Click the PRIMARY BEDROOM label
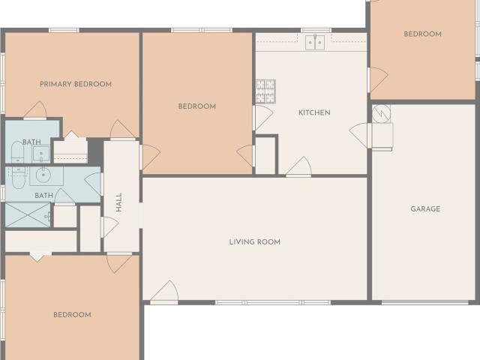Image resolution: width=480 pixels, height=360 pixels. coord(76,84)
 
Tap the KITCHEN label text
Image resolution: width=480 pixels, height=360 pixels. coord(314,112)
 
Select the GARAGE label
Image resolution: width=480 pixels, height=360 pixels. coord(425,209)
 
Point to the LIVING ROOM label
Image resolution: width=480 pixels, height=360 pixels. coord(255,241)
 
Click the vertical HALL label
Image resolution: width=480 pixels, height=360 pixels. coord(118,202)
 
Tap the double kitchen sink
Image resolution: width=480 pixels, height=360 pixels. coord(315,43)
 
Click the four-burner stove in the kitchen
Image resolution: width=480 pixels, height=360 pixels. coord(265,91)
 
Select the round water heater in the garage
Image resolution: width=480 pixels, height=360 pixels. coord(381,112)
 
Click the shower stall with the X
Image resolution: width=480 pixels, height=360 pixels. coord(28,214)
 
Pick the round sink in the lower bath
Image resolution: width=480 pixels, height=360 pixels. coord(41,177)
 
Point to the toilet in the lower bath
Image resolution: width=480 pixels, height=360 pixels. coord(16,175)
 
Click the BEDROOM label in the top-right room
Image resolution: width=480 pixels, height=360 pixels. coord(422,34)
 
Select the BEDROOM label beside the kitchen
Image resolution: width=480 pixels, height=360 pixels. coord(196,106)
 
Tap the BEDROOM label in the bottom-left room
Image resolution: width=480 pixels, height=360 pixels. coord(72,315)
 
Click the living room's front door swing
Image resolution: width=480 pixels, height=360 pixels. coord(165,292)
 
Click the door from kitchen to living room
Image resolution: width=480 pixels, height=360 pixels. coord(299,166)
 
